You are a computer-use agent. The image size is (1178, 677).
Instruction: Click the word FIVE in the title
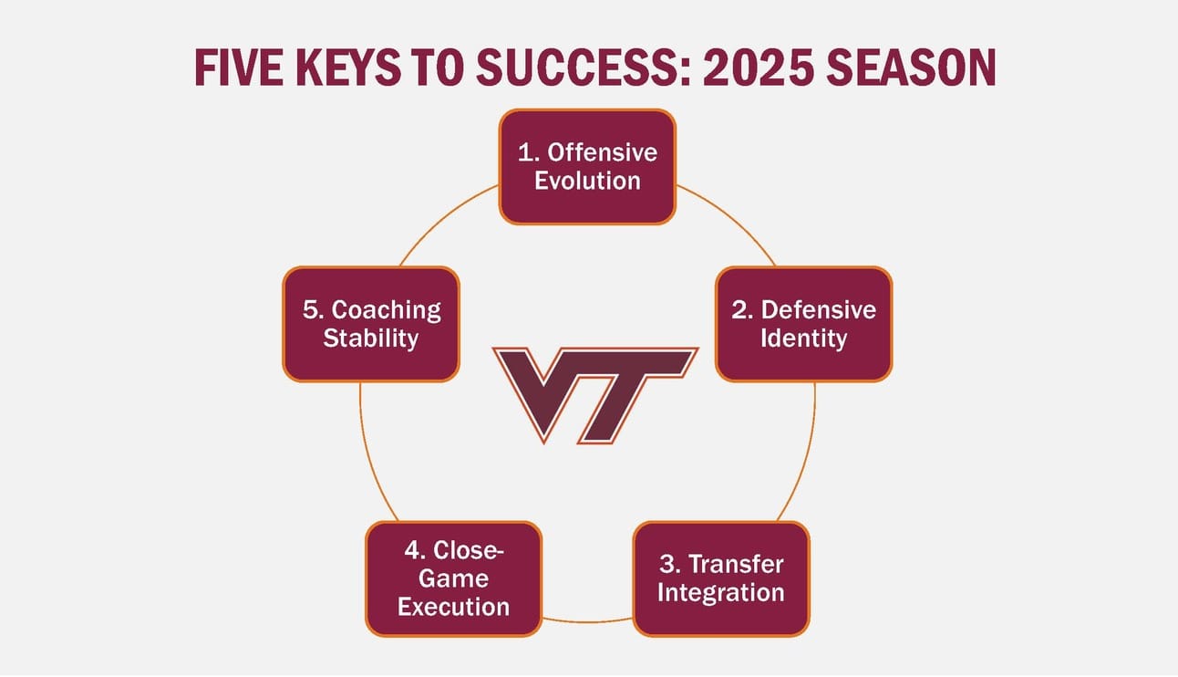point(239,68)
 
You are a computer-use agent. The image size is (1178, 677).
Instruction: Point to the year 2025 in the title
point(759,68)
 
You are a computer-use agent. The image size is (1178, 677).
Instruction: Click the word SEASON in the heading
point(912,68)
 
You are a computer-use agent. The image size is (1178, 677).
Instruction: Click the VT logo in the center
point(594,395)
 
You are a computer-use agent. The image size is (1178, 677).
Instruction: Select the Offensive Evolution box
point(587,167)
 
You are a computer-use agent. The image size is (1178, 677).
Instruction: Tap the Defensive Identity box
point(803,324)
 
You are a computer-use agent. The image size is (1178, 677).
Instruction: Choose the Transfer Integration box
point(721,578)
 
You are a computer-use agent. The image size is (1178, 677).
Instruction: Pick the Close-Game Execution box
point(454,578)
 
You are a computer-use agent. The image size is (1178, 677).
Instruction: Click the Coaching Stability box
point(371,324)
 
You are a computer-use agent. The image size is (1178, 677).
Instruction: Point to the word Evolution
point(587,181)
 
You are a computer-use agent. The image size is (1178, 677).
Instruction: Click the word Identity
point(803,338)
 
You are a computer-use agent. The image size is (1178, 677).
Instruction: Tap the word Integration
point(721,593)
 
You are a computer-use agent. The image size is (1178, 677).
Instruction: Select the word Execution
point(454,607)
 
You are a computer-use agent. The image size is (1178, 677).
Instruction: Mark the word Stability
point(371,338)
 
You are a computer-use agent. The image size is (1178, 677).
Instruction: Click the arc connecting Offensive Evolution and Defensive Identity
point(732,217)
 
